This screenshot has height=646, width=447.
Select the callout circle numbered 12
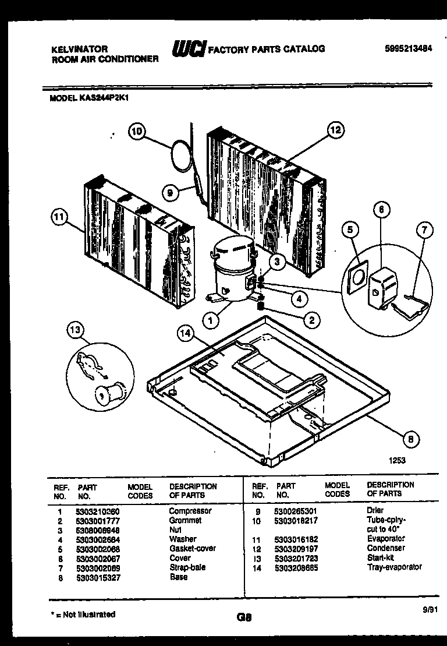pos(336,130)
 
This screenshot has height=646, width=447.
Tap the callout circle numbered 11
pos(58,218)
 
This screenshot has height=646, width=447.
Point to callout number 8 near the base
pos(411,439)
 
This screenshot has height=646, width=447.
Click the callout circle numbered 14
pos(186,334)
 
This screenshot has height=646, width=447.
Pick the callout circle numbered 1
pos(211,319)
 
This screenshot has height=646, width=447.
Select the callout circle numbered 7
pos(424,231)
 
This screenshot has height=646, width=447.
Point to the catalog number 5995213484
pos(408,50)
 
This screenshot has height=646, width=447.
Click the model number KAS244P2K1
pos(102,98)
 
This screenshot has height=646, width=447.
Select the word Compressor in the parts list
pos(190,511)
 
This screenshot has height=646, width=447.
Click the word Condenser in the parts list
pos(386,548)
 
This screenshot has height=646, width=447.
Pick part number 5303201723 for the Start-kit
pos(297,557)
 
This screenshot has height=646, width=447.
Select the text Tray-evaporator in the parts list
pos(395,567)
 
